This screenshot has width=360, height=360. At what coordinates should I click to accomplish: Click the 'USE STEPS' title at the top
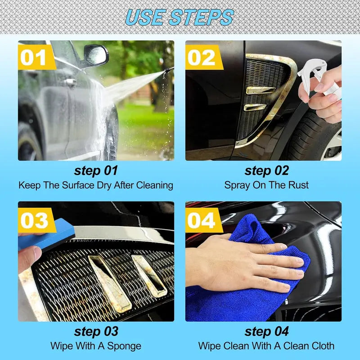point(180,17)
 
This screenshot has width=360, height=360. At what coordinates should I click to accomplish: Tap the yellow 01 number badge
point(37,57)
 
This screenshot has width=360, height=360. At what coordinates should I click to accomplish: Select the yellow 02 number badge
point(204,57)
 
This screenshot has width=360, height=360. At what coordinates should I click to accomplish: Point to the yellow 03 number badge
point(37,220)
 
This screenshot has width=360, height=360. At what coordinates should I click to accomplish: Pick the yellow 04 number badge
point(204,220)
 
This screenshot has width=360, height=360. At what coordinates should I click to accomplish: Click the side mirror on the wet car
point(96,55)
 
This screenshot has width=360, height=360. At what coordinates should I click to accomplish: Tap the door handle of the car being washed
point(70,82)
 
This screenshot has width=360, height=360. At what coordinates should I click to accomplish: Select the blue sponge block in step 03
point(47,234)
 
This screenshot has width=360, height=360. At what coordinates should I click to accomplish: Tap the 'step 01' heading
point(96,171)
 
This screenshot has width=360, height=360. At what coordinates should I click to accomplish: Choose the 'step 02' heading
point(266,171)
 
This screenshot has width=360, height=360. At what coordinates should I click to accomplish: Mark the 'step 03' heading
point(96,331)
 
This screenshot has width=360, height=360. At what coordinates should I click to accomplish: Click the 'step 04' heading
point(266,331)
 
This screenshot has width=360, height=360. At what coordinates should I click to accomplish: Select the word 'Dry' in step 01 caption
point(104,185)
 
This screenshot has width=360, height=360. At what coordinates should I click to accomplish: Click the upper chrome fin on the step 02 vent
point(261,90)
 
